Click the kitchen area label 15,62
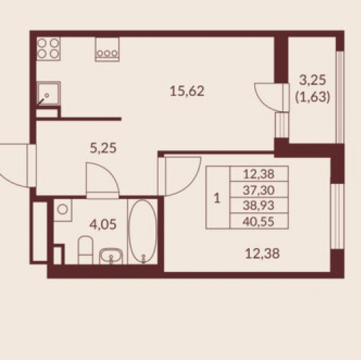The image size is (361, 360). coord(187,92)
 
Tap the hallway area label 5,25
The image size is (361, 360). coord(103,148)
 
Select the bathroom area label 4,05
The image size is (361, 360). coord(103,225)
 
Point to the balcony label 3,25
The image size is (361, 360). coord(313,80)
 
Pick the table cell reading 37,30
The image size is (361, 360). coord(258,190)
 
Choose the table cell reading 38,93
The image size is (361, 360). coord(258,206)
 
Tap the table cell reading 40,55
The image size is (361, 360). coord(258,221)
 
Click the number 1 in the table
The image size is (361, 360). coord(217,198)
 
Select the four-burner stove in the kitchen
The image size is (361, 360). coord(48,49)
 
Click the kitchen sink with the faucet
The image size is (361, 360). coord(48,94)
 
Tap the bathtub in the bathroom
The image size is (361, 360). coord(143,231)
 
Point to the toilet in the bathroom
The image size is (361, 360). coord(86,250)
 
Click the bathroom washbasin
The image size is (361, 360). coord(110,256)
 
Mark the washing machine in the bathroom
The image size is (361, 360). coord(63,210)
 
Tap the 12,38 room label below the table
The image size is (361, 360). coord(262,254)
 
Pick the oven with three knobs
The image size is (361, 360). coord(107,49)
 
